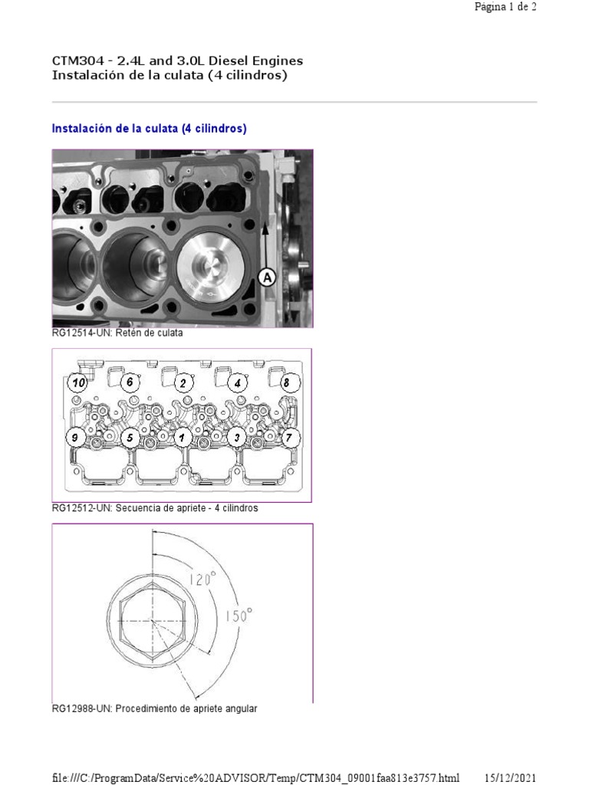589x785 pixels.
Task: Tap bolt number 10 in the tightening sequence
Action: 77,383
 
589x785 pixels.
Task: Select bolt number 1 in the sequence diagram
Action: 183,438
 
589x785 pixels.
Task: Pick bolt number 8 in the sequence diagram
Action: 286,382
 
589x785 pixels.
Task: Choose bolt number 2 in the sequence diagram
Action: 183,383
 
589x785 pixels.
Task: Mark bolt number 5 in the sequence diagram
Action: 130,438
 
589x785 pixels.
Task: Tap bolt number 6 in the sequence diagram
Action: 130,382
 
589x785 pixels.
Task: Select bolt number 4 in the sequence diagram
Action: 237,382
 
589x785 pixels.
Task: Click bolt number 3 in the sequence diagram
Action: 237,438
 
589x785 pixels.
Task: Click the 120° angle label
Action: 200,580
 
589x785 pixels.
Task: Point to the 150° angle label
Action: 239,615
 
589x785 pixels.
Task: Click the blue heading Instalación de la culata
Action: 149,129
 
